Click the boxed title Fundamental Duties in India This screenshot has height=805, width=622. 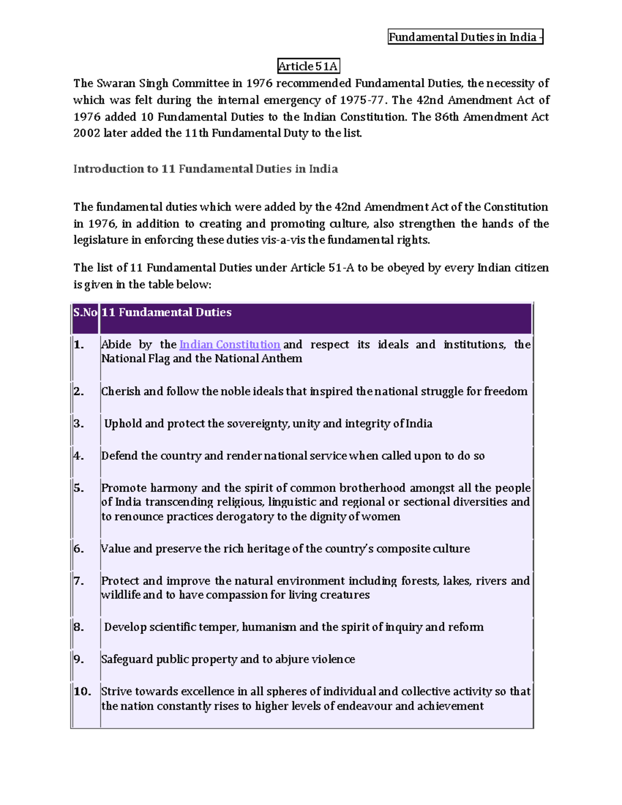tap(465, 37)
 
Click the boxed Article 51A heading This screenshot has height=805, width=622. tap(308, 66)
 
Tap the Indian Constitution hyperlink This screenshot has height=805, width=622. tap(230, 345)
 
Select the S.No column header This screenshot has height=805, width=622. tap(85, 313)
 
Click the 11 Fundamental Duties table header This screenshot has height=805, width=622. tap(166, 313)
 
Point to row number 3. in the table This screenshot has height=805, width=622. tap(79, 424)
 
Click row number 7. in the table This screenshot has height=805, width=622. tap(79, 581)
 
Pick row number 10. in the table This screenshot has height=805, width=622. tap(82, 691)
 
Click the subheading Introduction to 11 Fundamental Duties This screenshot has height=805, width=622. tap(205, 169)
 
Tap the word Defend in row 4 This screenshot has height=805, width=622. tap(119, 456)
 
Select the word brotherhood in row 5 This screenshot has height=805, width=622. tap(372, 488)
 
